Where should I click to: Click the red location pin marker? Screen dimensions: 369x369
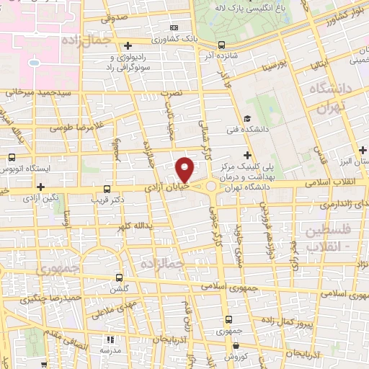(185, 169)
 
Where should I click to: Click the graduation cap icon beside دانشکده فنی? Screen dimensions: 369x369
(247, 119)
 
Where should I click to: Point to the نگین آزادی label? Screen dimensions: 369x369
(39, 197)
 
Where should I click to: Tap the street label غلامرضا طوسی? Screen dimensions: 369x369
(73, 127)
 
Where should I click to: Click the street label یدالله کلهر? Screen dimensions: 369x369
(135, 226)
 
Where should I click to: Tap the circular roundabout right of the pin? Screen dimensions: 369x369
(210, 187)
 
